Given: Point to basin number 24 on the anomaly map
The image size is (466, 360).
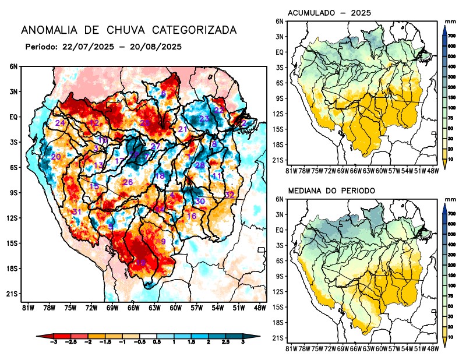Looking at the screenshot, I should tap(60, 123).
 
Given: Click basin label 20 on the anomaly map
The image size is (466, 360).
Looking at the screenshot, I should tap(56, 157).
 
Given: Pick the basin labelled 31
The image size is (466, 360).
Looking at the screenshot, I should tap(76, 211).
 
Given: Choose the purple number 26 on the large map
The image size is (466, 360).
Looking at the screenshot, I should tap(128, 182).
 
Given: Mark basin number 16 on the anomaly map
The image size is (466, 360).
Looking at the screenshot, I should tap(191, 216).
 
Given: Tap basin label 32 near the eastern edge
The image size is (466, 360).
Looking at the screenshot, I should tap(230, 195).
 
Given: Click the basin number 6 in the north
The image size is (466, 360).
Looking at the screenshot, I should tap(164, 94).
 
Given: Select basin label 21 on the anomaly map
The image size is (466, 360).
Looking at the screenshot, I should tap(183, 129).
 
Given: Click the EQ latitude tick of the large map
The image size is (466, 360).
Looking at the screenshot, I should tap(13, 117).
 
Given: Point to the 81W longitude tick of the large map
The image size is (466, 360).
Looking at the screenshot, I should tap(27, 307).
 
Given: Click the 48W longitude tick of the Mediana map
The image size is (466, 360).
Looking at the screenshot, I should tap(432, 349).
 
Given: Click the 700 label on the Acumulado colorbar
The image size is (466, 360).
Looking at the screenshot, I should tap(452, 36).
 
